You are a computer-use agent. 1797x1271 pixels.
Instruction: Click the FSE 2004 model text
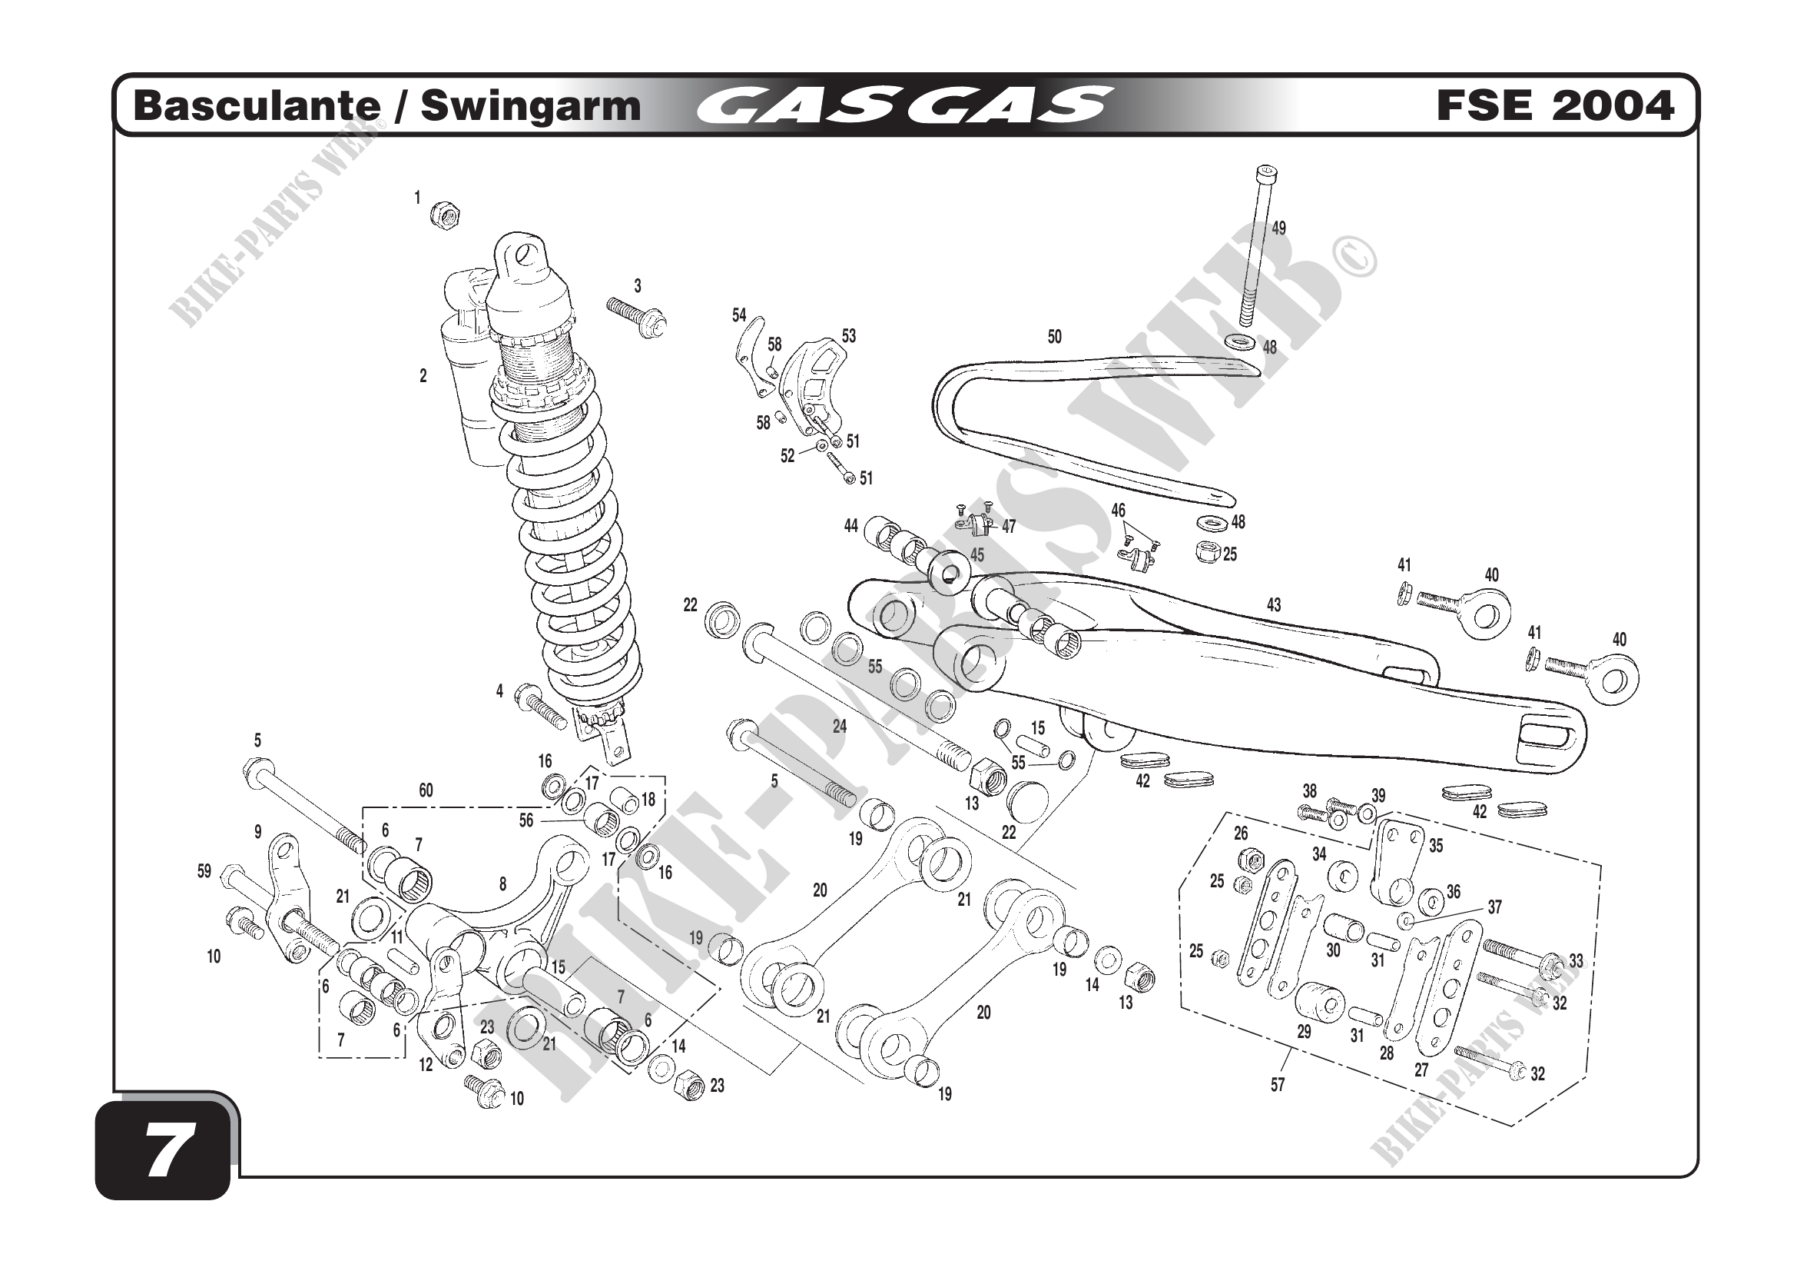1554,105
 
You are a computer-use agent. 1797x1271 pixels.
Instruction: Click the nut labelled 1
446,214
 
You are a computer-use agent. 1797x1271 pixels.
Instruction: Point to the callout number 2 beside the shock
423,376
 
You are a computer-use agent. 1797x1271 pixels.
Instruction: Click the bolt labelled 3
636,316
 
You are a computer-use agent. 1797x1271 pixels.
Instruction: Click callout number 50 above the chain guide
1054,337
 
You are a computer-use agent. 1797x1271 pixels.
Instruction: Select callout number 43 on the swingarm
1273,604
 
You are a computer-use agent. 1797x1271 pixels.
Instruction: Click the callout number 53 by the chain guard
849,336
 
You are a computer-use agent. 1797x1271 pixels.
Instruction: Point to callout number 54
739,314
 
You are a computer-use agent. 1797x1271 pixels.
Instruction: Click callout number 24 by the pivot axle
840,726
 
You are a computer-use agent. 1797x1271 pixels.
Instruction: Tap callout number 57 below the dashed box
1278,1085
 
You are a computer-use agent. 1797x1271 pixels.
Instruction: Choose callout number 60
425,790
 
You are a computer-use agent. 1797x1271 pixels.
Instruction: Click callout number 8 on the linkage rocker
502,884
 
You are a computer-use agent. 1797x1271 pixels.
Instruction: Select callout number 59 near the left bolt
204,871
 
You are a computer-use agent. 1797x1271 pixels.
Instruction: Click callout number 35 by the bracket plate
1436,846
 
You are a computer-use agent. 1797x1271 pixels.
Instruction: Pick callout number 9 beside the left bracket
257,833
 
